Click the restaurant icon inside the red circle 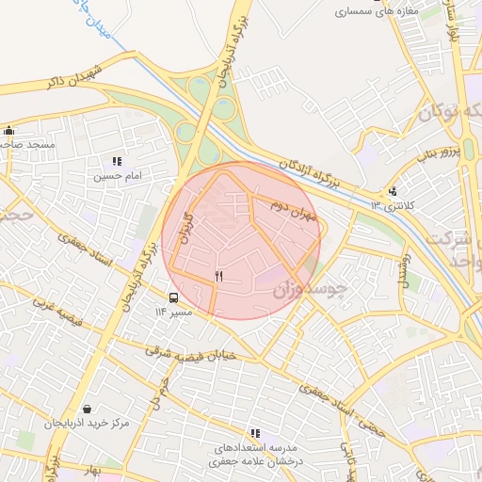(x=218, y=276)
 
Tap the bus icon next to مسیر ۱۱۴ (x=172, y=297)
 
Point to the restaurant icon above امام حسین (x=117, y=162)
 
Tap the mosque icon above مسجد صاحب (x=9, y=131)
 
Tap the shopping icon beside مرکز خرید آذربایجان (x=88, y=410)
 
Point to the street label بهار (x=90, y=466)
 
